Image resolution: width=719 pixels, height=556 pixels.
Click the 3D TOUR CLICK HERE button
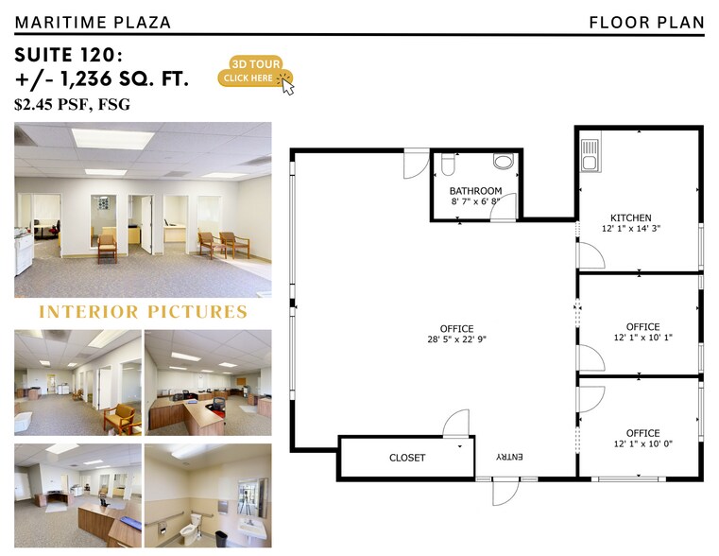255,72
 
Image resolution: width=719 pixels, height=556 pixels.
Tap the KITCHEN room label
630,217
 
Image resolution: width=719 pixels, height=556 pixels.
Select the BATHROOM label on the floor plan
475,191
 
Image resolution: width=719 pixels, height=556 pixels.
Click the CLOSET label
407,458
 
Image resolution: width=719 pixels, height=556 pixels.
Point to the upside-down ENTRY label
509,457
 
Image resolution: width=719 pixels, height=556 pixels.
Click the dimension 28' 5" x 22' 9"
456,339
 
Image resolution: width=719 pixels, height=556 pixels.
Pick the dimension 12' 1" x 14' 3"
631,229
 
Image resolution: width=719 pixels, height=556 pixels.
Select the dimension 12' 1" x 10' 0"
642,444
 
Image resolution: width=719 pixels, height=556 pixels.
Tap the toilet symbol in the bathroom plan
448,165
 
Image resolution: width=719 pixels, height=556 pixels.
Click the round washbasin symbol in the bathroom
504,162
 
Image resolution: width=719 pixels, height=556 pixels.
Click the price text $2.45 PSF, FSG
72,105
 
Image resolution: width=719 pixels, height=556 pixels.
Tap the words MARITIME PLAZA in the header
93,23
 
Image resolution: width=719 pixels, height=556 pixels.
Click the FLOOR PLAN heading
646,23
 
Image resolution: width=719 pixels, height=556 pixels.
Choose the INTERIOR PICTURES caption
143,312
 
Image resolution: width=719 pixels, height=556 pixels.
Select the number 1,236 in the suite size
86,78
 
